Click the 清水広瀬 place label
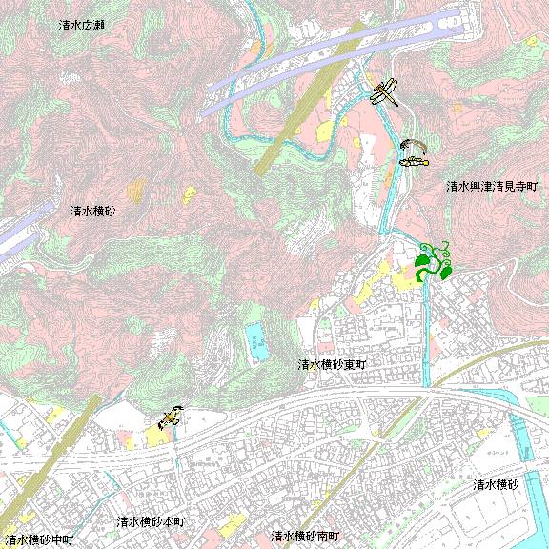(x=81, y=25)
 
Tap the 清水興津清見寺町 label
(x=492, y=187)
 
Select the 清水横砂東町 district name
(x=332, y=365)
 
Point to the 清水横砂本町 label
(x=152, y=522)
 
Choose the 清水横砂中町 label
(x=39, y=539)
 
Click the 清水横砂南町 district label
(x=305, y=537)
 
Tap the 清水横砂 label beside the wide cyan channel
(x=496, y=485)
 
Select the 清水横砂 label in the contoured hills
(x=92, y=211)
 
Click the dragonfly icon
(x=385, y=92)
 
